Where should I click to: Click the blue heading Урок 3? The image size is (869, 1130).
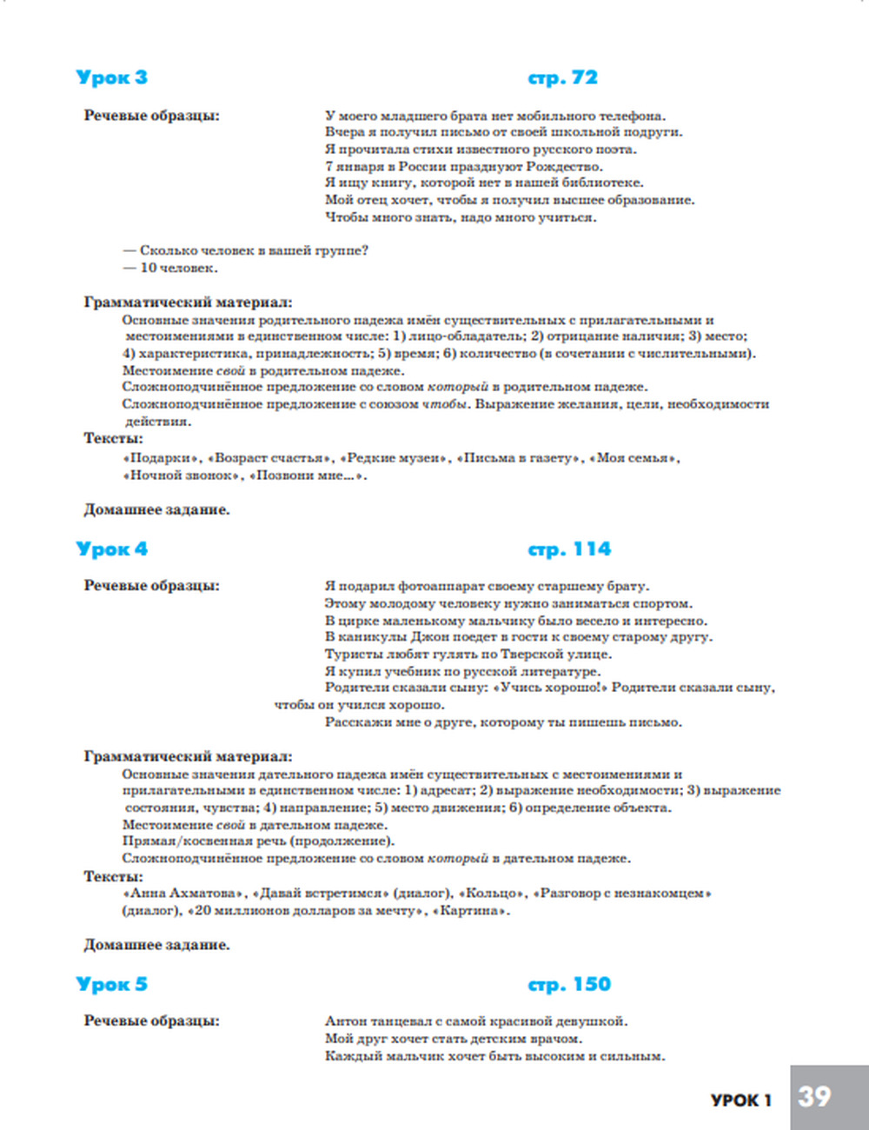pos(111,77)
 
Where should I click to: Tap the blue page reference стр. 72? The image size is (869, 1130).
pos(562,77)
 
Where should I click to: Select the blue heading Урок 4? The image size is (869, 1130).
pos(111,549)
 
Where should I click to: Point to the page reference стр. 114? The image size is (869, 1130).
pos(569,549)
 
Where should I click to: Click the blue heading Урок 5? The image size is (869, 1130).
pos(111,985)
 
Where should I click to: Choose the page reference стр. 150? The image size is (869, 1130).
pos(569,985)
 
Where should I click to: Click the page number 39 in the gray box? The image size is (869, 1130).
pos(814,1097)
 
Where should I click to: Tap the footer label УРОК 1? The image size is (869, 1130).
pos(740,1100)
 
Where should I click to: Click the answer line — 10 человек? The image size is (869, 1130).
pos(170,268)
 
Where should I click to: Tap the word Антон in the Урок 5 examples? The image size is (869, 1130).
pos(346,1021)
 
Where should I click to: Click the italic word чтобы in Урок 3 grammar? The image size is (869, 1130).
pos(445,404)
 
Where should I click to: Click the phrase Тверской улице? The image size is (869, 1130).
pos(568,655)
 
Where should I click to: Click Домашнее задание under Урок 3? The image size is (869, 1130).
pos(156,509)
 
